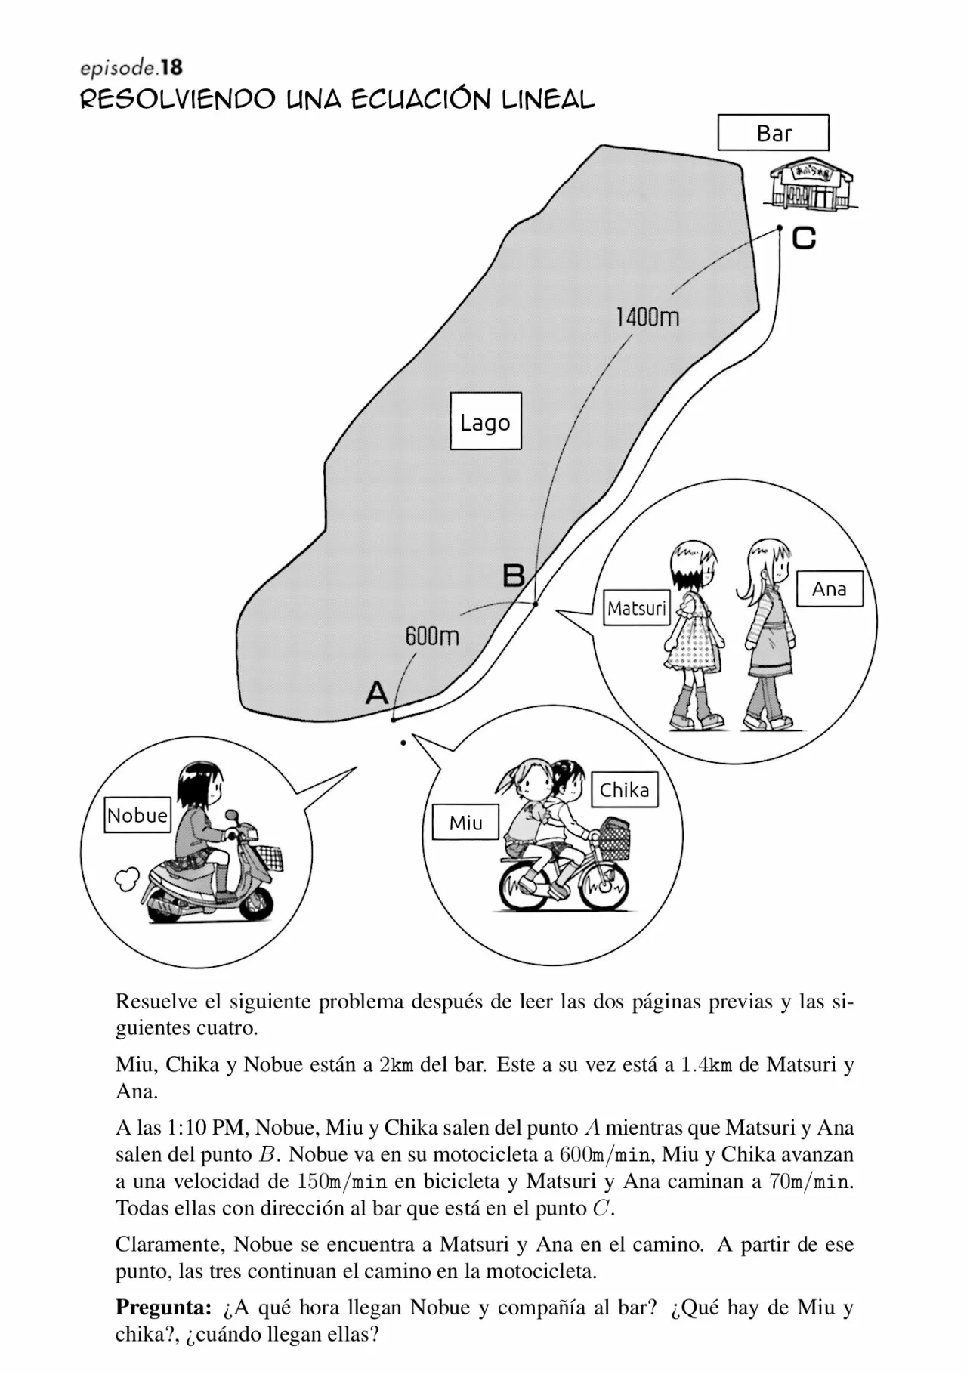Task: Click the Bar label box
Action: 773,133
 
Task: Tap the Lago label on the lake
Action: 485,421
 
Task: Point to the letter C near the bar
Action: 804,239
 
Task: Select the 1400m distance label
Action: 647,316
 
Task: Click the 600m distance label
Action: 432,636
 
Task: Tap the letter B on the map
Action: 514,576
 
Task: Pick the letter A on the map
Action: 376,692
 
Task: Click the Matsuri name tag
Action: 637,608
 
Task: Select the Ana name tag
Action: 829,589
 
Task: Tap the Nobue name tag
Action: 137,816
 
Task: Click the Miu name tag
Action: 465,823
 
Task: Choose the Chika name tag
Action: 624,790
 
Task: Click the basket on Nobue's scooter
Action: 270,855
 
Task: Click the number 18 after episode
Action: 171,67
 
